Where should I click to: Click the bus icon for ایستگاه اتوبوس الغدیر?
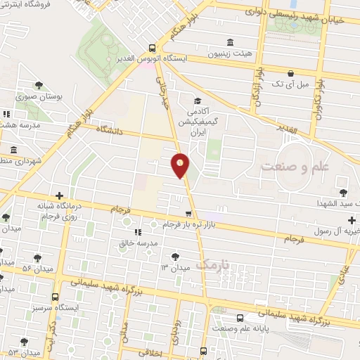point(152,48)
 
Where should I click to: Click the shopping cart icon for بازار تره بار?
point(188,214)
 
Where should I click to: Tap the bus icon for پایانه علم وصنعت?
point(240,318)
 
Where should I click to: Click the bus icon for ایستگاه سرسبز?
point(56,297)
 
